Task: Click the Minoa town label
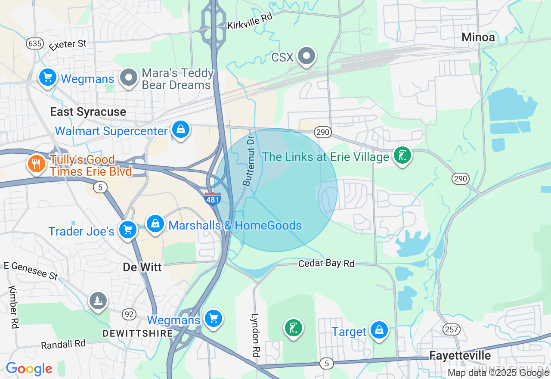pyautogui.click(x=478, y=37)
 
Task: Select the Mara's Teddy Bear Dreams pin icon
pyautogui.click(x=128, y=78)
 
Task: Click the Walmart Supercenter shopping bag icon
pyautogui.click(x=181, y=129)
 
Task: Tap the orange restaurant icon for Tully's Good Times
pyautogui.click(x=37, y=164)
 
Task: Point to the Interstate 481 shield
pyautogui.click(x=213, y=199)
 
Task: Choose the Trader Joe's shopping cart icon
pyautogui.click(x=128, y=230)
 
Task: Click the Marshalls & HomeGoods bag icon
pyautogui.click(x=155, y=224)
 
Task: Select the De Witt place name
pyautogui.click(x=142, y=267)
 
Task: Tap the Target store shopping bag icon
pyautogui.click(x=379, y=330)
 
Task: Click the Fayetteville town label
pyautogui.click(x=460, y=355)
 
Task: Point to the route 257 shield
pyautogui.click(x=452, y=330)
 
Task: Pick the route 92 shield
pyautogui.click(x=129, y=314)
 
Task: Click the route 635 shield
pyautogui.click(x=34, y=43)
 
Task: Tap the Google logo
pyautogui.click(x=29, y=369)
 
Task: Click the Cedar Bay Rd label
pyautogui.click(x=327, y=263)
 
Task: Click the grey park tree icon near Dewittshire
pyautogui.click(x=98, y=300)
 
